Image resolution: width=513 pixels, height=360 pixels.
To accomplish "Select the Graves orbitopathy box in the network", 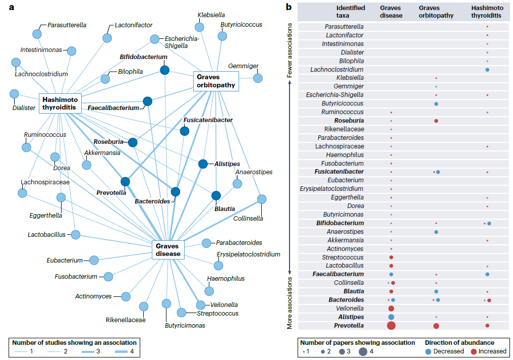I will (215, 81).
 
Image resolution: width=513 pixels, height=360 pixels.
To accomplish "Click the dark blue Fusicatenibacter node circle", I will (185, 131).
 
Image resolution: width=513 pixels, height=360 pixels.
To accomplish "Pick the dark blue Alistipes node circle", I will (203, 164).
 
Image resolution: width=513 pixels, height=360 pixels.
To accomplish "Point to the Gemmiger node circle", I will (258, 78).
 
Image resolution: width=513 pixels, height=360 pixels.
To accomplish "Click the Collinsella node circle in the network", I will (261, 199).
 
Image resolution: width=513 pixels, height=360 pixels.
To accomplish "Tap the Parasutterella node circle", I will (37, 34).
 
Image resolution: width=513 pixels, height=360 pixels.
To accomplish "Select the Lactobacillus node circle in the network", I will (76, 234).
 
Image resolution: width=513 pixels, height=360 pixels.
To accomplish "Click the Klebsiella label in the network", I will (211, 15).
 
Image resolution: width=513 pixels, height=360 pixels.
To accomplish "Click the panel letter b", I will (289, 7).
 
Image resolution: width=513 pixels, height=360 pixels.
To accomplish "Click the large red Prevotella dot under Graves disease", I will (391, 326).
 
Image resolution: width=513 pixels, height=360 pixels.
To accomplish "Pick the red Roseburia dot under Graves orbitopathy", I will (436, 121).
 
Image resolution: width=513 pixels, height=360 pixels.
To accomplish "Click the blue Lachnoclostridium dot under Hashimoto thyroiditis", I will (487, 69).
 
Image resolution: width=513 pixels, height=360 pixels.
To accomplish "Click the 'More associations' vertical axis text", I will (290, 302).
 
